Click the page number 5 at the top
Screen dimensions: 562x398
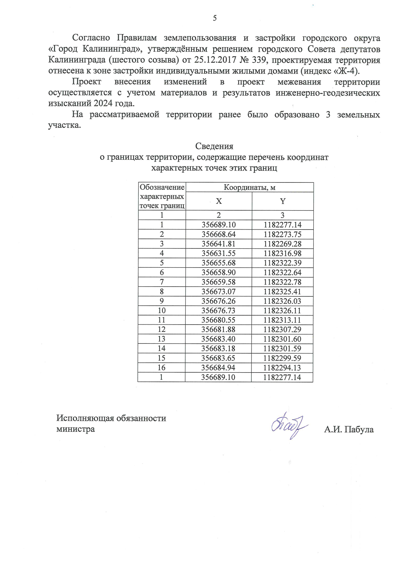coord(215,18)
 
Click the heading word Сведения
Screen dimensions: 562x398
coord(214,146)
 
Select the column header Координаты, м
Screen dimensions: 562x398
coord(249,187)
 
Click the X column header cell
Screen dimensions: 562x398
coord(219,201)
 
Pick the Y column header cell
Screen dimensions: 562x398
coord(283,201)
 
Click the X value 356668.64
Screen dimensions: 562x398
coord(219,234)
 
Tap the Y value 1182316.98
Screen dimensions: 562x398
coord(283,253)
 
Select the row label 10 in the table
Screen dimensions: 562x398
coord(162,311)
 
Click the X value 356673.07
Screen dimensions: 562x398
coord(219,291)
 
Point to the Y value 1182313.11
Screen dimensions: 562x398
coord(283,320)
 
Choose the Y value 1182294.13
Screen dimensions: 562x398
coord(283,368)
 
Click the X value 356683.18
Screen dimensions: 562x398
coord(219,348)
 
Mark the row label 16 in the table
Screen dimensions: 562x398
coord(162,368)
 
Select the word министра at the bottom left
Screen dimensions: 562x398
coord(76,429)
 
